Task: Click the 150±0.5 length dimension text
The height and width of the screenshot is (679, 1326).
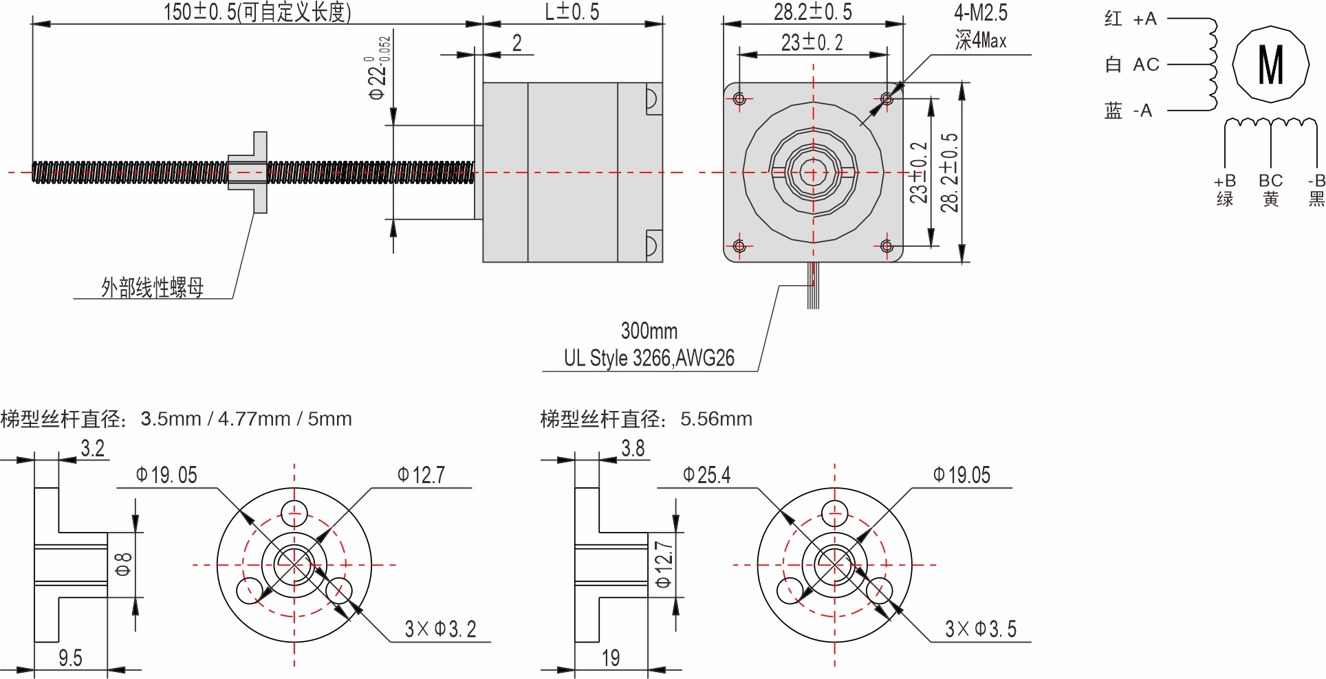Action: click(x=257, y=12)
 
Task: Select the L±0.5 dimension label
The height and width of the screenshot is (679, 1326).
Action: click(x=572, y=12)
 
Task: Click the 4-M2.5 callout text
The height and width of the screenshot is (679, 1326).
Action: click(x=980, y=12)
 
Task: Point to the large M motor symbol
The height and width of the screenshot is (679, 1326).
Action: click(x=1270, y=65)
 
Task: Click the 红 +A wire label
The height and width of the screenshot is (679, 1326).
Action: click(x=1131, y=19)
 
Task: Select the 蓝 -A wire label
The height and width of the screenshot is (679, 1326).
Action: click(x=1129, y=111)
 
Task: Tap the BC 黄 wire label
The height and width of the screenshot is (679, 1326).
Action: click(x=1270, y=190)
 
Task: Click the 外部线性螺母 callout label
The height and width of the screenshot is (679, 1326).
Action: click(x=153, y=287)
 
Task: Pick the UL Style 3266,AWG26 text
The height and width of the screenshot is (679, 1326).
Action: click(x=649, y=358)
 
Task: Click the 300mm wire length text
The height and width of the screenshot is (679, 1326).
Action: click(x=649, y=331)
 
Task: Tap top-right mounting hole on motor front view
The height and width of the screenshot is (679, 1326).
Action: click(x=887, y=99)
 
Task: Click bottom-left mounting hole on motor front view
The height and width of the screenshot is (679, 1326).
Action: click(x=739, y=246)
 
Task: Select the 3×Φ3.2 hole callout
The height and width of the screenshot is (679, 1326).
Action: click(x=440, y=629)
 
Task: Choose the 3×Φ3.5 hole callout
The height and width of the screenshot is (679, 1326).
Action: click(x=980, y=629)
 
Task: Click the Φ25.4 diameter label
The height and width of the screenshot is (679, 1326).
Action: click(x=706, y=475)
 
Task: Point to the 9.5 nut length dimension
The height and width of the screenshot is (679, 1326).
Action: click(x=70, y=658)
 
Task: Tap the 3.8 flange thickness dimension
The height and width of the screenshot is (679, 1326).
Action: click(x=633, y=449)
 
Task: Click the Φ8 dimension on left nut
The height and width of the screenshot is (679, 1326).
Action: click(x=123, y=565)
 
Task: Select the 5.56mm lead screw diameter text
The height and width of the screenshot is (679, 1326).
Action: click(x=716, y=419)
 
